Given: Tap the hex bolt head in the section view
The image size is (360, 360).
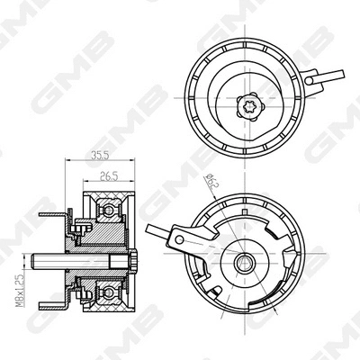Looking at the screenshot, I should tap(134, 264).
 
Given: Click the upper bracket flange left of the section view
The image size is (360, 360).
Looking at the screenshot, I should tap(64, 217).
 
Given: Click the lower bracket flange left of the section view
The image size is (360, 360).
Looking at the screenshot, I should tap(64, 306).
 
